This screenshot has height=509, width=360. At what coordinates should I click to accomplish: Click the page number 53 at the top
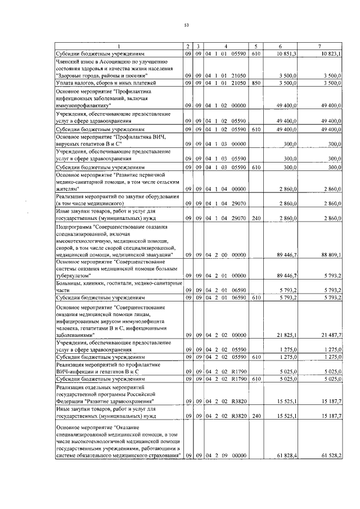click(x=186, y=24)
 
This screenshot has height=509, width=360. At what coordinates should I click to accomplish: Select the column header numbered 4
click(x=225, y=45)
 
